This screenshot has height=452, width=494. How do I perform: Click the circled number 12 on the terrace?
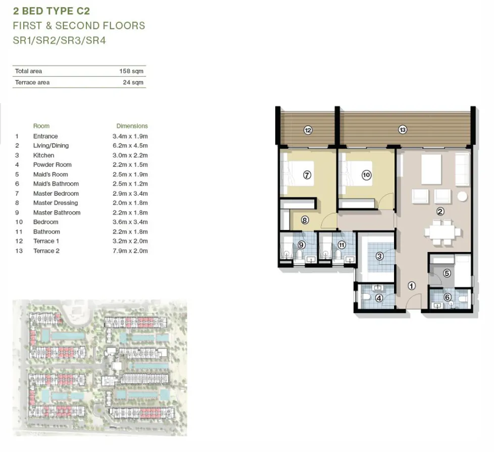point(308,130)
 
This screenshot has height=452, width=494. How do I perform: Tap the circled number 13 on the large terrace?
point(402,130)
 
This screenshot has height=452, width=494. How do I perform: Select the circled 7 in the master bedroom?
point(307,175)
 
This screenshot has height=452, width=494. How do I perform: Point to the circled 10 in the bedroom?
point(366,175)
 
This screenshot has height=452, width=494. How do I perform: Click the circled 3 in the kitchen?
point(379,256)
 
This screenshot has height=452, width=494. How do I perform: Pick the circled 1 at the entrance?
point(411,286)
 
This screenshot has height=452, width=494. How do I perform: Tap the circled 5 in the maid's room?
point(447,273)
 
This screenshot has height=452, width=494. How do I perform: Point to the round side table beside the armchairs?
point(462,196)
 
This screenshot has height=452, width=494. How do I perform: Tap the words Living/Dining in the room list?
point(51,146)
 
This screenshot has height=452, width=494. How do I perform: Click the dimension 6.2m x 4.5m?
point(130,146)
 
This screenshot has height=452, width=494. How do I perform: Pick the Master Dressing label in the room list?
point(56,203)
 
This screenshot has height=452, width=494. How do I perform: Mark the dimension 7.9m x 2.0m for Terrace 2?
point(130,251)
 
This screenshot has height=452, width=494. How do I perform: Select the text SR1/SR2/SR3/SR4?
point(59,40)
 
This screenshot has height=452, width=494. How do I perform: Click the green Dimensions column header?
point(132,126)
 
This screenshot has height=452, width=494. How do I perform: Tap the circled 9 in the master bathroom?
point(302,245)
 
